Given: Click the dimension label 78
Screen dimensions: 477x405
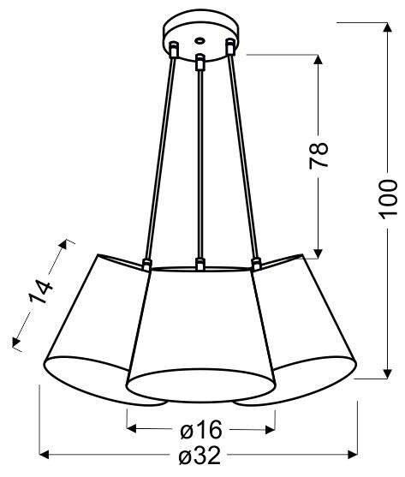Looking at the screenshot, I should click(x=319, y=153).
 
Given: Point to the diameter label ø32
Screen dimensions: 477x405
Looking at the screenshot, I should click(x=200, y=456).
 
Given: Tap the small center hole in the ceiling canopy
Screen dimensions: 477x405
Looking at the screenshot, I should click(x=199, y=39).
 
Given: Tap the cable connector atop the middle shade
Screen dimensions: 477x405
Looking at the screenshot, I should click(x=199, y=264).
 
